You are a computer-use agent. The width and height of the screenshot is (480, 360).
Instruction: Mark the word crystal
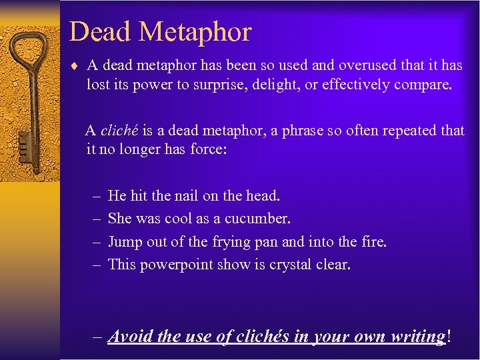pos(293,265)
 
